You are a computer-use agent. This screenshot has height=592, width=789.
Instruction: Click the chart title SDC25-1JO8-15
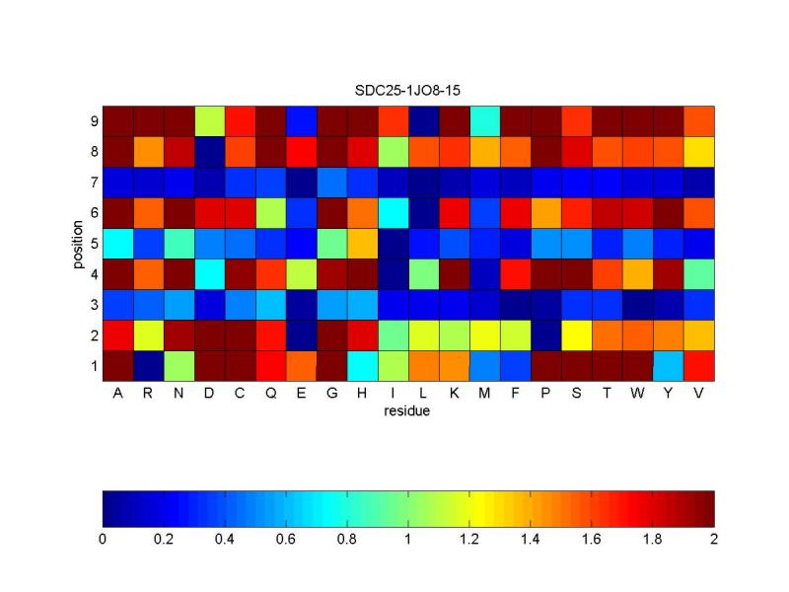point(408,90)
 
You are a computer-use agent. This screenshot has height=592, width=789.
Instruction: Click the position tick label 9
point(93,121)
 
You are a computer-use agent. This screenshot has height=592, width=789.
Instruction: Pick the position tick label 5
point(93,244)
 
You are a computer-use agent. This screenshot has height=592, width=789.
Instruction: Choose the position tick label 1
point(93,366)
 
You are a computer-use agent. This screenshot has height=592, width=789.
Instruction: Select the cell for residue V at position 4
point(698,274)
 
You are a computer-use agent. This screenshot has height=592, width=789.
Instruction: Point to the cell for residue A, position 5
point(118,244)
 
